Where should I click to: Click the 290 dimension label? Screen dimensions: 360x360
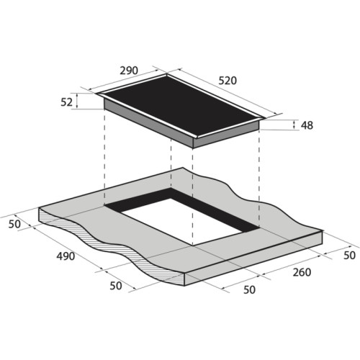click(129, 71)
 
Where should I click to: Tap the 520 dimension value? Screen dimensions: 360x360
click(228, 81)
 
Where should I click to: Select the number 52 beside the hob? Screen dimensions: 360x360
click(66, 102)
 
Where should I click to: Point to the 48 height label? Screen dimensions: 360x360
click(307, 125)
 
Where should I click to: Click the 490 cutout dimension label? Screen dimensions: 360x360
click(66, 256)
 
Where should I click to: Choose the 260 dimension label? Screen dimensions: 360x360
click(302, 272)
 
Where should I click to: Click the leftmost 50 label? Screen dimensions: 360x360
click(14, 224)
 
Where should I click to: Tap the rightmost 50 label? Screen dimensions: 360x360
click(349, 256)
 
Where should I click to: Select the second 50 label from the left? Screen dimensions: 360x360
click(116, 286)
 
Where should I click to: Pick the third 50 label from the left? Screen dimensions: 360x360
click(249, 289)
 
